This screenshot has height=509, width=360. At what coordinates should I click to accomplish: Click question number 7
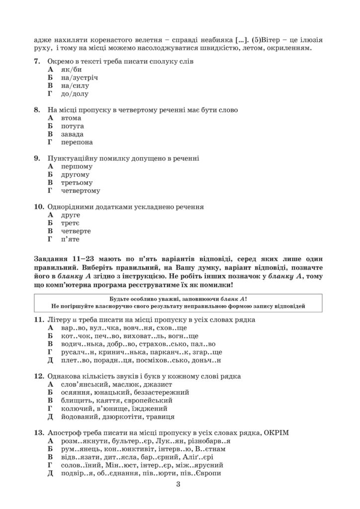point(37,62)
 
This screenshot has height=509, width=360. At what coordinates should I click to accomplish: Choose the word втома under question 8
point(72,118)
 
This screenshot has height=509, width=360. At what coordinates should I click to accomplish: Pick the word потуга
point(73,126)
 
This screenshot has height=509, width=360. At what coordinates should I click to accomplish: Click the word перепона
point(77,142)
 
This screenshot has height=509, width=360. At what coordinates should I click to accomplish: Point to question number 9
point(37,158)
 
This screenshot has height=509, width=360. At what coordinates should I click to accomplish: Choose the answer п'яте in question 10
point(71,239)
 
